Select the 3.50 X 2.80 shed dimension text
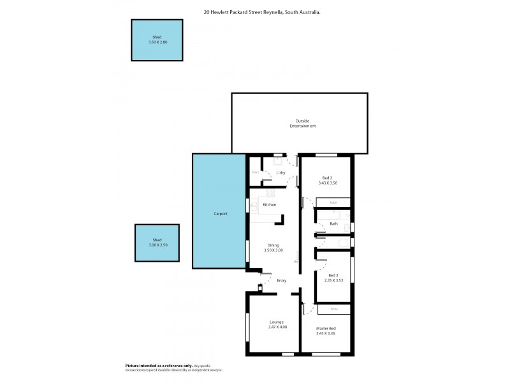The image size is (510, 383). [x=157, y=42]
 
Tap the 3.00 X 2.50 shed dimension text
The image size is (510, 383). [x=157, y=245]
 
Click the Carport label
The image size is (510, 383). [x=221, y=214]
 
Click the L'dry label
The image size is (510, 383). [x=280, y=173]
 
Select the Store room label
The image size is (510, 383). [x=255, y=172]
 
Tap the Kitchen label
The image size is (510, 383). [x=270, y=204]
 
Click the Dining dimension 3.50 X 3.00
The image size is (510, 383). [x=273, y=250]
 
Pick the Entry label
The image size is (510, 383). [x=282, y=280]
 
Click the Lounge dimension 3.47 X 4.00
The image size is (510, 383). [x=277, y=327]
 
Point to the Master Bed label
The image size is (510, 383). [x=326, y=328]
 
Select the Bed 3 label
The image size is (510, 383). [x=333, y=275]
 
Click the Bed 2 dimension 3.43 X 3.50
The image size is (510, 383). [x=328, y=183]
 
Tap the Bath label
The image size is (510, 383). [x=333, y=223]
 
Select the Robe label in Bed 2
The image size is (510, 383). [x=333, y=202]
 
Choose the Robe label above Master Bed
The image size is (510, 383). [x=334, y=309]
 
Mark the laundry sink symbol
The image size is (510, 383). [x=279, y=161]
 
